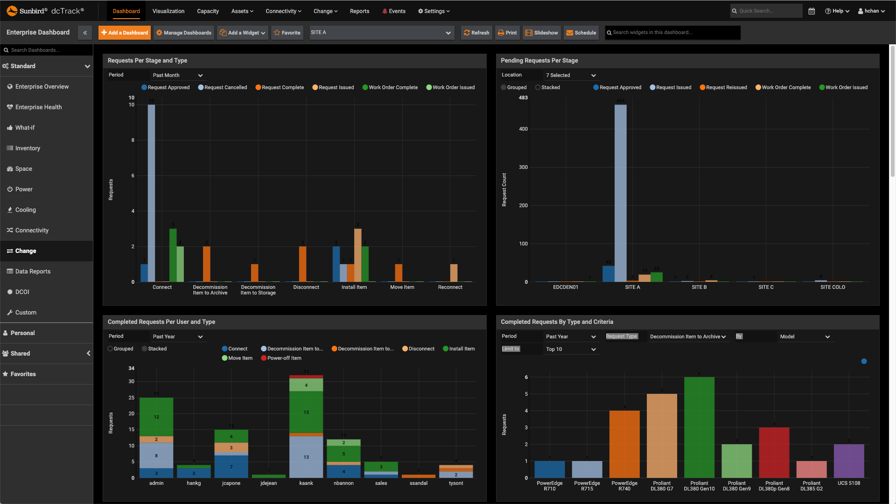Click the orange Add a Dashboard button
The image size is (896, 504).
[x=125, y=33]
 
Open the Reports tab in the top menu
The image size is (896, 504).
[x=359, y=11]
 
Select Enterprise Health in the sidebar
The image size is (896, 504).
[x=38, y=107]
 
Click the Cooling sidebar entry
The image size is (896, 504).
[x=25, y=210]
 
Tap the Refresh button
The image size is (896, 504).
[x=476, y=33]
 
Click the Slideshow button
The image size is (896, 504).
[x=542, y=33]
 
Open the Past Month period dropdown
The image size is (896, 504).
[x=178, y=75]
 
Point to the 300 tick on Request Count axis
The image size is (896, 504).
[x=523, y=167]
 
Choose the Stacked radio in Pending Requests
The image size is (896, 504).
[x=538, y=87]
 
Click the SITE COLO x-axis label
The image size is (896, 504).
[x=833, y=287]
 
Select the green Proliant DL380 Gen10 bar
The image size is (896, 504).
[x=699, y=427]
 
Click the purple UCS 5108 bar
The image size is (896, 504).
[x=848, y=461]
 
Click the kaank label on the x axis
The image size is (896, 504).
[x=306, y=483]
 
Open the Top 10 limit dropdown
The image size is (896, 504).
[x=571, y=349]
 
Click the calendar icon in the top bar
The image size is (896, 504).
[x=812, y=11]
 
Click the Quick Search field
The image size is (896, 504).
[x=768, y=11]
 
